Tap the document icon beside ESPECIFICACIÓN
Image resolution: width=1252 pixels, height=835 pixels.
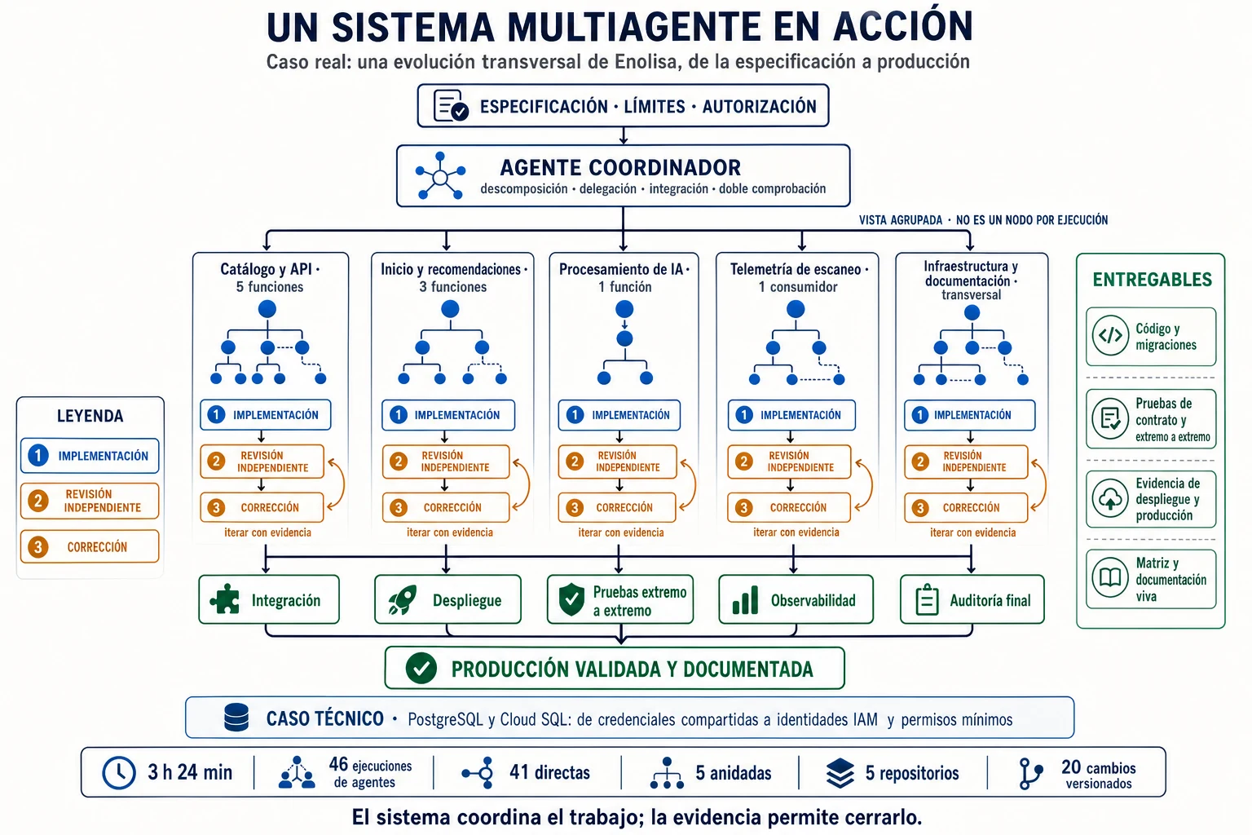click(x=451, y=105)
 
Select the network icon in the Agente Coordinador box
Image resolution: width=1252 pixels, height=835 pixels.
click(x=440, y=176)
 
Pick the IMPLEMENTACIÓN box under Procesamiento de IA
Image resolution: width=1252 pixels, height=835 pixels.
click(x=619, y=415)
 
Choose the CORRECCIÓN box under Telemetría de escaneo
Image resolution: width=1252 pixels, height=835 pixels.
click(x=789, y=507)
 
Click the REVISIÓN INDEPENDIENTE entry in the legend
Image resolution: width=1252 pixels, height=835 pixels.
click(x=90, y=501)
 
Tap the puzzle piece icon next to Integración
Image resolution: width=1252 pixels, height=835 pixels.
click(x=225, y=599)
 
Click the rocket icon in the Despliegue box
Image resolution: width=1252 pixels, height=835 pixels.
click(x=403, y=600)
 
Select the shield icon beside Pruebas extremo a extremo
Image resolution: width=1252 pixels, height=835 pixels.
click(x=571, y=599)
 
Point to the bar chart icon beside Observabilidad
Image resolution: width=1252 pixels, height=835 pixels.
click(x=746, y=600)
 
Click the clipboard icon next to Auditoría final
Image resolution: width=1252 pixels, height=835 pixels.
click(x=927, y=600)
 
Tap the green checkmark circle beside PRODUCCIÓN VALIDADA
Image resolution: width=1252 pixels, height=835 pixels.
click(x=421, y=669)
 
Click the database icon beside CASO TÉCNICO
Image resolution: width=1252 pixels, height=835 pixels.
click(x=236, y=718)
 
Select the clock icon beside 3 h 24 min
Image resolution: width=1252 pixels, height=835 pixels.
click(x=118, y=772)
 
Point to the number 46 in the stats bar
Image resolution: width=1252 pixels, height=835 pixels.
click(x=338, y=764)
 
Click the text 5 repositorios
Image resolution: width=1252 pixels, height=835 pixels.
click(x=912, y=773)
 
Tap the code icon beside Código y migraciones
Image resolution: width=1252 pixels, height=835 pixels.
click(x=1111, y=336)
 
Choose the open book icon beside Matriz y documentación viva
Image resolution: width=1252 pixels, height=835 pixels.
click(x=1111, y=578)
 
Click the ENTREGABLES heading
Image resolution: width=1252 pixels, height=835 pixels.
click(x=1153, y=280)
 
